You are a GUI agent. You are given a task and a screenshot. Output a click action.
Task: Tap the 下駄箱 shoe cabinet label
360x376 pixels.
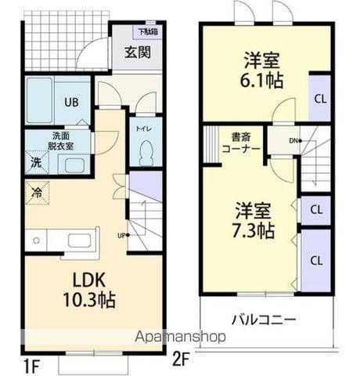tap(146, 31)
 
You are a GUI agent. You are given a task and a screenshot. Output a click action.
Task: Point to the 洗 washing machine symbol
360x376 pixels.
tap(36, 163)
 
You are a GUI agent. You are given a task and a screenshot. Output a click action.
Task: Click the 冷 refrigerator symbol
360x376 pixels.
tap(37, 190)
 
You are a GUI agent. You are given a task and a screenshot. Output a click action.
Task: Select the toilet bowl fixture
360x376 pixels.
tap(144, 152)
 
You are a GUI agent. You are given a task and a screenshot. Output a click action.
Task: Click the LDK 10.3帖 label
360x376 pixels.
tap(88, 289)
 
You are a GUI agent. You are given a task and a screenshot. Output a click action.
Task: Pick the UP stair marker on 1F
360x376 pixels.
tap(122, 234)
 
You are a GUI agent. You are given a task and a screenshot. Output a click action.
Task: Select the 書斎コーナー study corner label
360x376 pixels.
tap(236, 141)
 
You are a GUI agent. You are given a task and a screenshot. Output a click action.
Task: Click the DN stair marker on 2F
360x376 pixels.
tap(293, 141)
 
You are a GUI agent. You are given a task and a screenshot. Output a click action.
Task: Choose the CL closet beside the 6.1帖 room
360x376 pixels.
tap(320, 98)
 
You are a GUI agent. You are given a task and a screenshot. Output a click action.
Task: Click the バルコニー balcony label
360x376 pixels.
tap(263, 320)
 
